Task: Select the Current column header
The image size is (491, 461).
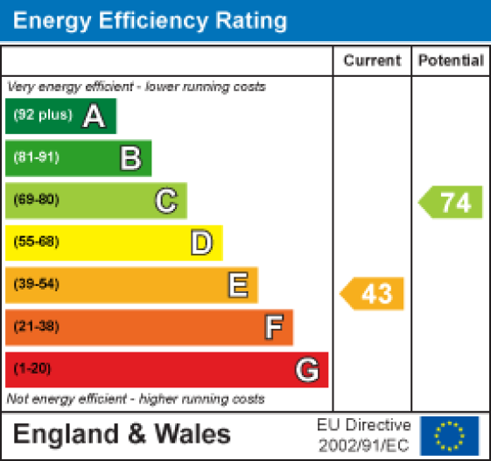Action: click(x=372, y=61)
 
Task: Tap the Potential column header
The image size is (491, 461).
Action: click(x=451, y=61)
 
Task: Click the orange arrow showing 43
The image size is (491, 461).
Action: click(x=374, y=293)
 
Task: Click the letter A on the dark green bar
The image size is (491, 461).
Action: click(x=94, y=116)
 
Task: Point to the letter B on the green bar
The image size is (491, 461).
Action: click(x=130, y=158)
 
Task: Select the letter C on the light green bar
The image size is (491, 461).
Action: click(x=165, y=200)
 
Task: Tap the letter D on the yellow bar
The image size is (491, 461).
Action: click(x=201, y=242)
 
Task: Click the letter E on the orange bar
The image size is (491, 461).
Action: click(x=236, y=284)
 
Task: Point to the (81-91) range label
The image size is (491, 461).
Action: click(x=36, y=158)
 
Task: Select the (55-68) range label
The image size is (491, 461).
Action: click(x=36, y=242)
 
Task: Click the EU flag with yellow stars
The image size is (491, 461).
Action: click(x=449, y=435)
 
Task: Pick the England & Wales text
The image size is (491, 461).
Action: click(x=122, y=435)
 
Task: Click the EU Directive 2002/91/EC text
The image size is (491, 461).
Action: click(x=363, y=435)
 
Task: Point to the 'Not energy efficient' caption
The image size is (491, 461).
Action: click(x=135, y=399)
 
